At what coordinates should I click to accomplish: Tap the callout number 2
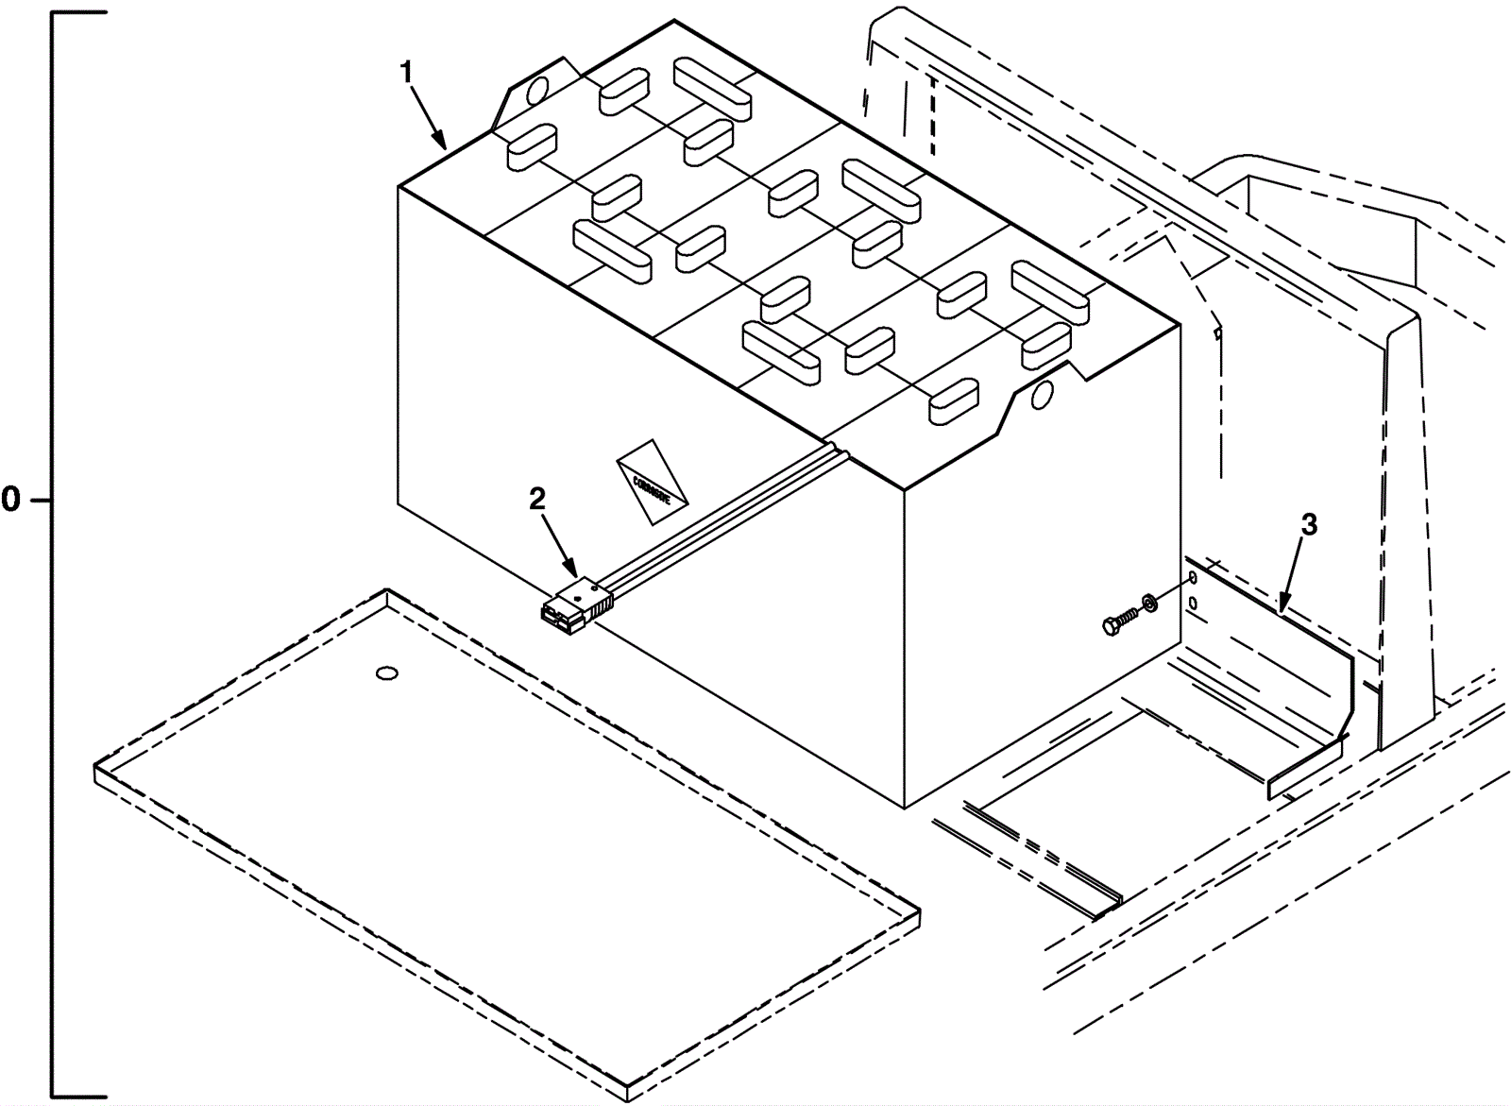click(536, 500)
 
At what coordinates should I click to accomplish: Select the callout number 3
click(1308, 526)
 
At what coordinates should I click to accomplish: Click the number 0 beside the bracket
click(10, 501)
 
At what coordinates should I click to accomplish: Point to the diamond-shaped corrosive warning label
click(652, 482)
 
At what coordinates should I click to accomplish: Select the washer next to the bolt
click(1151, 602)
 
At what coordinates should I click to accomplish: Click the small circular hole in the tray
click(387, 673)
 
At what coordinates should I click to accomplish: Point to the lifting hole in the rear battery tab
click(536, 90)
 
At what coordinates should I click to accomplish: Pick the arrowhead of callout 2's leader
click(573, 572)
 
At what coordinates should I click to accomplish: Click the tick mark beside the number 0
click(39, 501)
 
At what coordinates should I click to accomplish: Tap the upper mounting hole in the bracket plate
click(1192, 576)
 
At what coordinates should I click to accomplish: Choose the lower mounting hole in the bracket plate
click(1193, 602)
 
